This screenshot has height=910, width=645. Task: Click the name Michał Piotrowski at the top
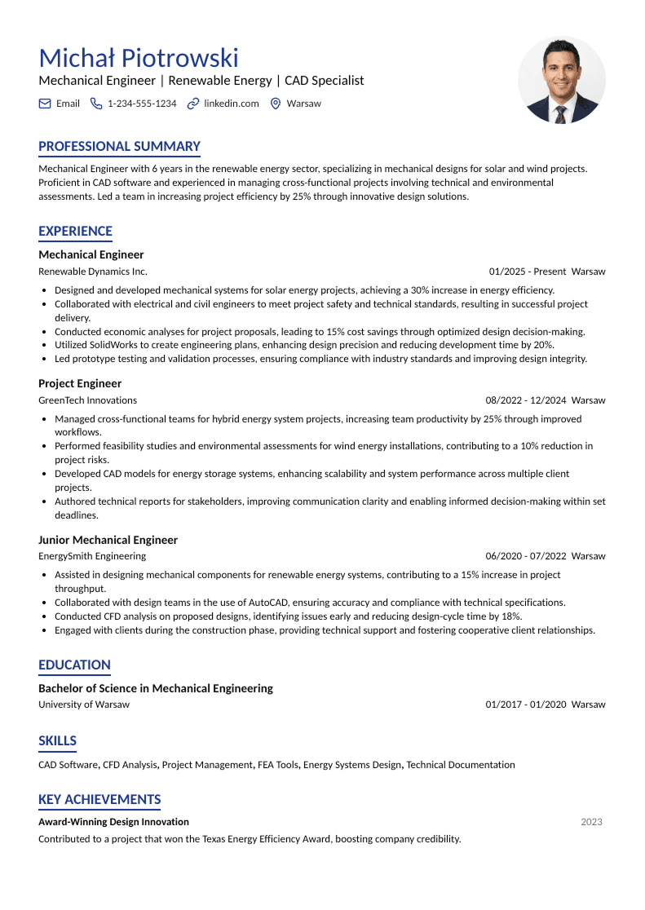tap(139, 58)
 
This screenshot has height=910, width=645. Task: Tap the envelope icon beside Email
tap(45, 104)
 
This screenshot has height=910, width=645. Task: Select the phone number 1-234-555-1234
tap(142, 104)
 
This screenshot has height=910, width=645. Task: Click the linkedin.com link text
tap(232, 104)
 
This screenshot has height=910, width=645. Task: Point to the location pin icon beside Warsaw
tap(276, 104)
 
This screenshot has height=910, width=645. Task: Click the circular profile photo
tap(561, 80)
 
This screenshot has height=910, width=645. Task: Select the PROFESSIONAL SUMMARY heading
tap(119, 147)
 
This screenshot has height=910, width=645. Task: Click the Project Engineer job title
tap(80, 383)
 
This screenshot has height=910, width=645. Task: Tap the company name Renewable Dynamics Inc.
tap(93, 272)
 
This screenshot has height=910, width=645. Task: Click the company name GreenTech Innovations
tap(87, 400)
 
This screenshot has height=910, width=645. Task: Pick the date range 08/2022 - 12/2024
tap(526, 400)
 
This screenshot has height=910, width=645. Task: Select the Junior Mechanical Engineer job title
tap(108, 540)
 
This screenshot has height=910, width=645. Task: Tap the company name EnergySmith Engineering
tap(92, 556)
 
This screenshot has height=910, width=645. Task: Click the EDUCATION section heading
tap(74, 665)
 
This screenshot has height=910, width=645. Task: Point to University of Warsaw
tap(83, 705)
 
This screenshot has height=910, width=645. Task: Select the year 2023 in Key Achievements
tap(591, 822)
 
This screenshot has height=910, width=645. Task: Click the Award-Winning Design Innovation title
tap(113, 822)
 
